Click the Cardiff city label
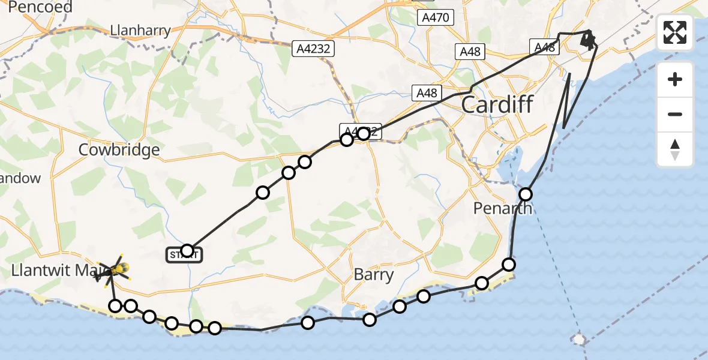click(x=497, y=105)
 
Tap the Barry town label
click(x=373, y=275)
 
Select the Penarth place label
click(x=502, y=208)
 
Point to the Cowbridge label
click(x=119, y=149)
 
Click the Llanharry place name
click(x=140, y=30)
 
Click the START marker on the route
click(x=185, y=256)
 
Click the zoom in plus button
click(x=675, y=79)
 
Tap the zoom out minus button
click(x=675, y=114)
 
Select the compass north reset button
click(x=675, y=149)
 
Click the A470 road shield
click(x=436, y=17)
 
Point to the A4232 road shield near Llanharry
click(x=313, y=49)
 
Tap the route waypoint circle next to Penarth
click(x=526, y=194)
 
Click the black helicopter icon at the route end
click(x=589, y=40)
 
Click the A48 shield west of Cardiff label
click(x=427, y=93)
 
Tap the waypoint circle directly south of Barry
click(x=370, y=319)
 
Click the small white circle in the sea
click(x=579, y=340)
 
